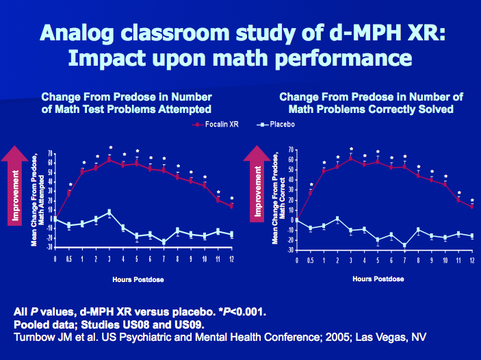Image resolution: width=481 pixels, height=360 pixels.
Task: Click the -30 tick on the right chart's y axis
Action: coord(289,250)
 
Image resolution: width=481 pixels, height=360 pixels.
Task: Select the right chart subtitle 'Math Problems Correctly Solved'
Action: coord(372,109)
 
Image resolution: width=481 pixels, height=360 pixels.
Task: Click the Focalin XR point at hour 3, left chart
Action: coord(109,159)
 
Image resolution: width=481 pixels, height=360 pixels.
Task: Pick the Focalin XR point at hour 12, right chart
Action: coord(471,205)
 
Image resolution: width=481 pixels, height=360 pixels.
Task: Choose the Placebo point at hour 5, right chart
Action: coord(377,240)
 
